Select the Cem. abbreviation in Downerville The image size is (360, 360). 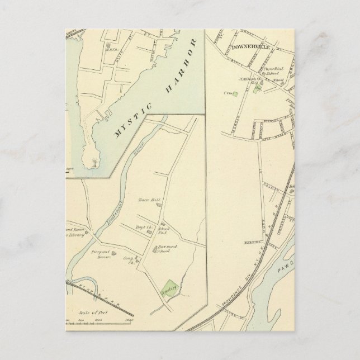[x=228, y=93]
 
